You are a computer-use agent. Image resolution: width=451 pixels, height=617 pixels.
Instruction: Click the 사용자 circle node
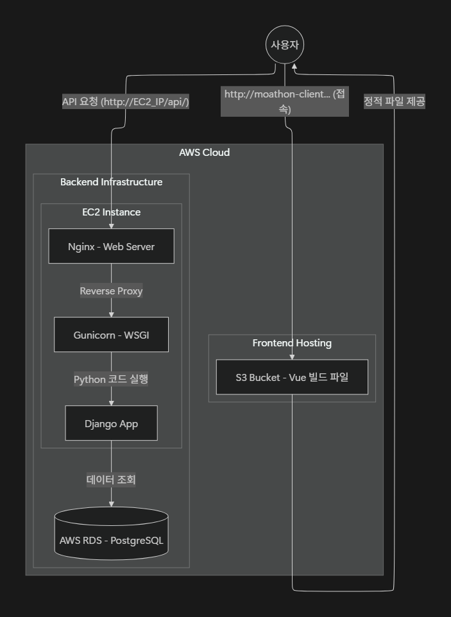[x=285, y=46]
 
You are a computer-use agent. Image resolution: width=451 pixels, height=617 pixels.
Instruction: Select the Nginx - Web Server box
[x=111, y=246]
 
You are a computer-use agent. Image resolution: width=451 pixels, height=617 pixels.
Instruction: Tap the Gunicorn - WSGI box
[x=111, y=334]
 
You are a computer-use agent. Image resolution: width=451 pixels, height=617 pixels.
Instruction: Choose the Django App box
[x=111, y=423]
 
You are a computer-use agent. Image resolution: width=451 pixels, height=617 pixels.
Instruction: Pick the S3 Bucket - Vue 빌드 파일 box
[x=292, y=377]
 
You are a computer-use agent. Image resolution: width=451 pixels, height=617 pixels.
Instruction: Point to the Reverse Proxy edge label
[x=111, y=291]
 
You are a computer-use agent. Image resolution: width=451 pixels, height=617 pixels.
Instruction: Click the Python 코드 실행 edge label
[x=111, y=379]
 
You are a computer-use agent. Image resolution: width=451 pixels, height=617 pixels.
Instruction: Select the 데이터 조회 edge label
[x=111, y=479]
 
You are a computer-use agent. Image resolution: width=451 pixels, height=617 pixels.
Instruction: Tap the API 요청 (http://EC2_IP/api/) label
[x=125, y=101]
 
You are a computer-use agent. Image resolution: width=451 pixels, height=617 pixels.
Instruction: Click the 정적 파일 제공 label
[x=394, y=101]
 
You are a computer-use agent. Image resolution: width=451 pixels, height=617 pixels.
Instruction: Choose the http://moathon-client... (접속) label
[x=285, y=101]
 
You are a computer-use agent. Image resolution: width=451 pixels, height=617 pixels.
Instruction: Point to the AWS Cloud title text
[x=204, y=153]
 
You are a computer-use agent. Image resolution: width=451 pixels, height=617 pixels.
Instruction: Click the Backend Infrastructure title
[x=111, y=182]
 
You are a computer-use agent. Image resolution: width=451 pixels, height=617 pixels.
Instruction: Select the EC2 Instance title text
[x=111, y=212]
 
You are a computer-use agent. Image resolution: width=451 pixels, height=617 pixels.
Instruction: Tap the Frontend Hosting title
[x=292, y=343]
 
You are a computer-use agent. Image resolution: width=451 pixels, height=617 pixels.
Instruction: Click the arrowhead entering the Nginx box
[x=111, y=226]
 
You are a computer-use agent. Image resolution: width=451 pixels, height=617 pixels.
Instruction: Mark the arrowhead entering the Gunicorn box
[x=111, y=314]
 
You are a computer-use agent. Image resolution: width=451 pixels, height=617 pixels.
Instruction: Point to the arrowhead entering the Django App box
[x=111, y=403]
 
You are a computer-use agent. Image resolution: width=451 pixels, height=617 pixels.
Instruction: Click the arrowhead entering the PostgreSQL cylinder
[x=111, y=504]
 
